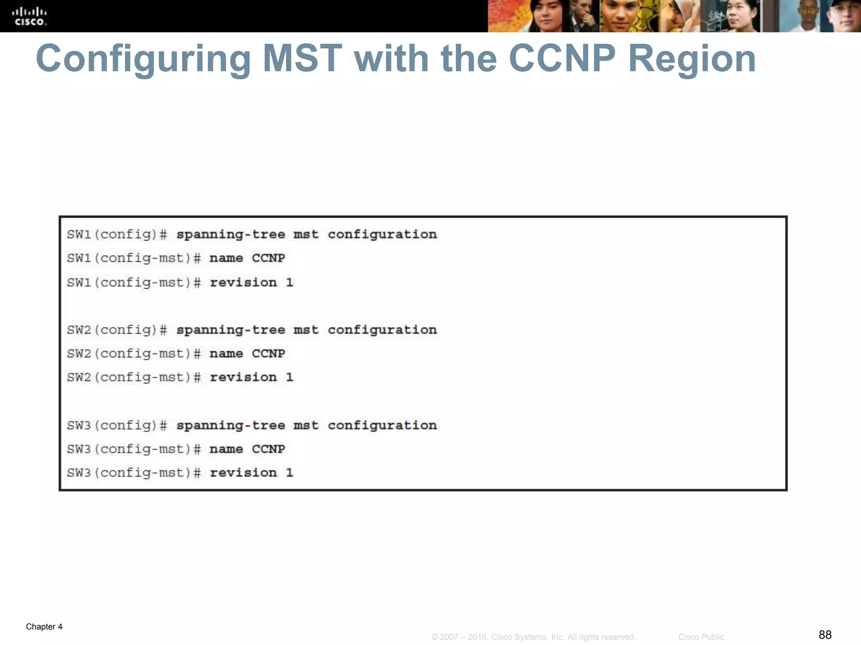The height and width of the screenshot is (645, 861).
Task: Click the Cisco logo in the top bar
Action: [29, 16]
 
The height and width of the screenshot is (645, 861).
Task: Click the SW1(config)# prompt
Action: [117, 234]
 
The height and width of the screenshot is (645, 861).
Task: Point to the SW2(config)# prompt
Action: [117, 330]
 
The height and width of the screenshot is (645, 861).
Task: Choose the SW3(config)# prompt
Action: [117, 425]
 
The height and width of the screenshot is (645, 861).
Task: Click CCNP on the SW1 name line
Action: [268, 258]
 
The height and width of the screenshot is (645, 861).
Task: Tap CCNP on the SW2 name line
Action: [268, 354]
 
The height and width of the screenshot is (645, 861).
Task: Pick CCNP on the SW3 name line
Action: [268, 449]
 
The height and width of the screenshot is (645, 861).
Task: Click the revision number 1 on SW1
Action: [289, 282]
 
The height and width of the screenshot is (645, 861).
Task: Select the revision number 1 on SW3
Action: [289, 473]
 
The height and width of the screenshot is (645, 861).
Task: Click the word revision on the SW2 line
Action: [243, 377]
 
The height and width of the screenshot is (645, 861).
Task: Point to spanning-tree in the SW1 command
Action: [230, 234]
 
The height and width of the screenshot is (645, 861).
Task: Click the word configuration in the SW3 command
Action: [382, 425]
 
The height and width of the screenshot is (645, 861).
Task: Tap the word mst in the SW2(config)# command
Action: [306, 330]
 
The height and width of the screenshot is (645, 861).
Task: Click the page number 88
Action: [825, 635]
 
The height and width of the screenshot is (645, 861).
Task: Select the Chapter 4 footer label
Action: [44, 627]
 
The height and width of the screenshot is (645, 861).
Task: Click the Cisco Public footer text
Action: [701, 637]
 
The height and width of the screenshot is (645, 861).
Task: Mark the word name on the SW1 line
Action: [226, 258]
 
